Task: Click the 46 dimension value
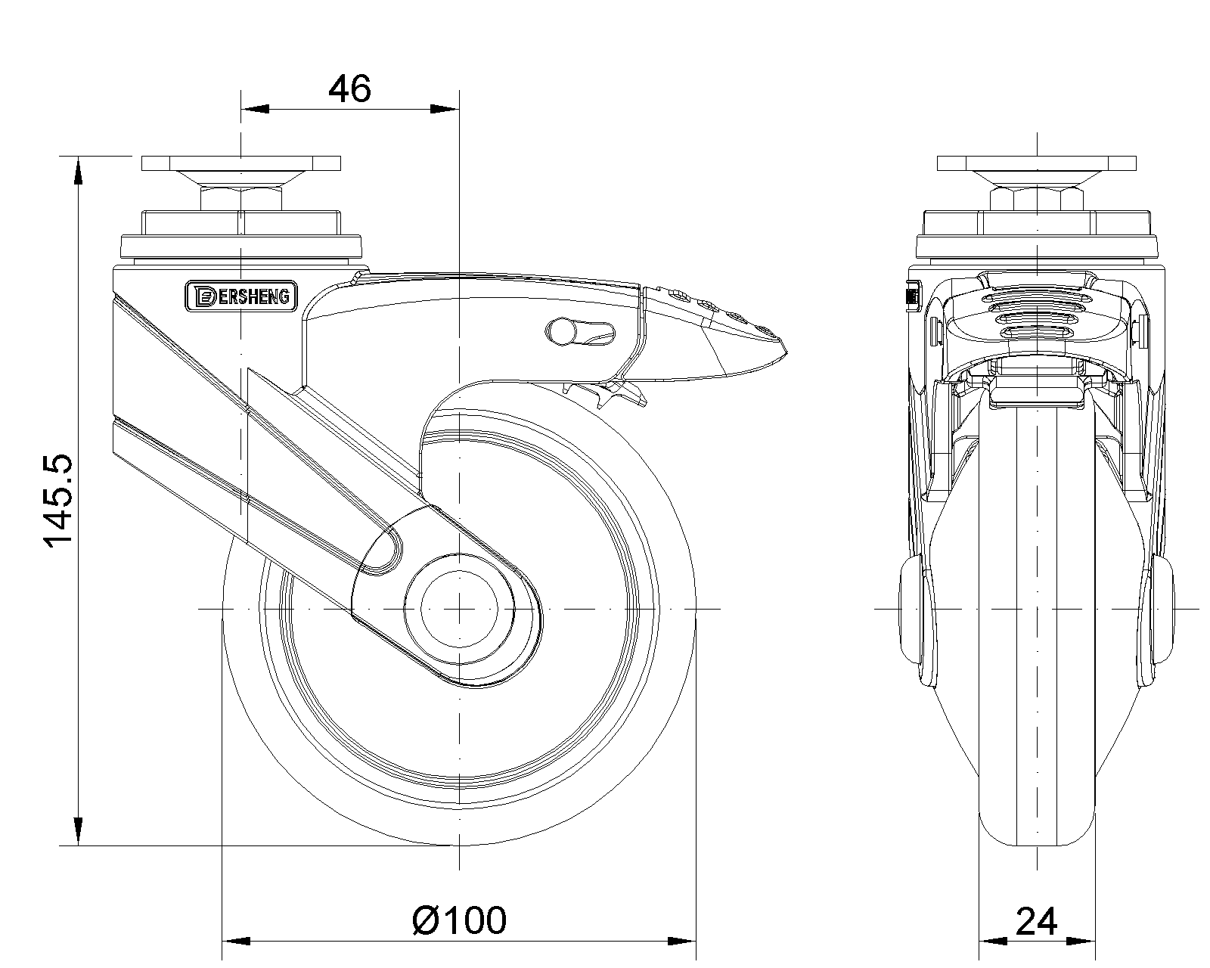(x=349, y=89)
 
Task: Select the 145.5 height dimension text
(x=58, y=500)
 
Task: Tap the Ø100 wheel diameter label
(x=459, y=920)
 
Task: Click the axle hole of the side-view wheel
(x=459, y=608)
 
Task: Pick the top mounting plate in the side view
(x=241, y=163)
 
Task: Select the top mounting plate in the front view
(x=1036, y=163)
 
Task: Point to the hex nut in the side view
(x=241, y=200)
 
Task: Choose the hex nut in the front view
(x=1036, y=200)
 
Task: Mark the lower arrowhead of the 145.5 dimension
(x=79, y=832)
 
